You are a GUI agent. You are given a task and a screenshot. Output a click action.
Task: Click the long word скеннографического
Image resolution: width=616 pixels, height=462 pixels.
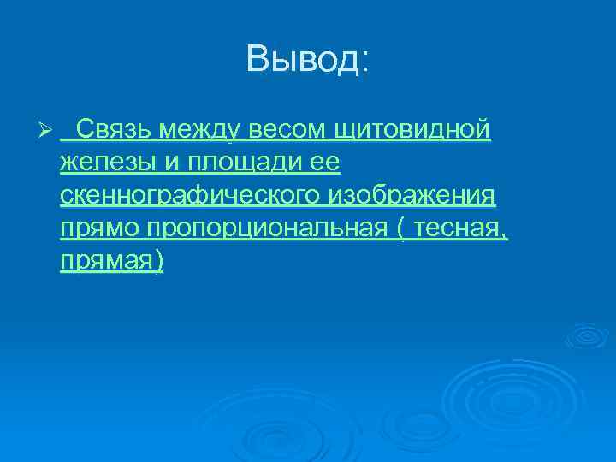[x=190, y=196]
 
